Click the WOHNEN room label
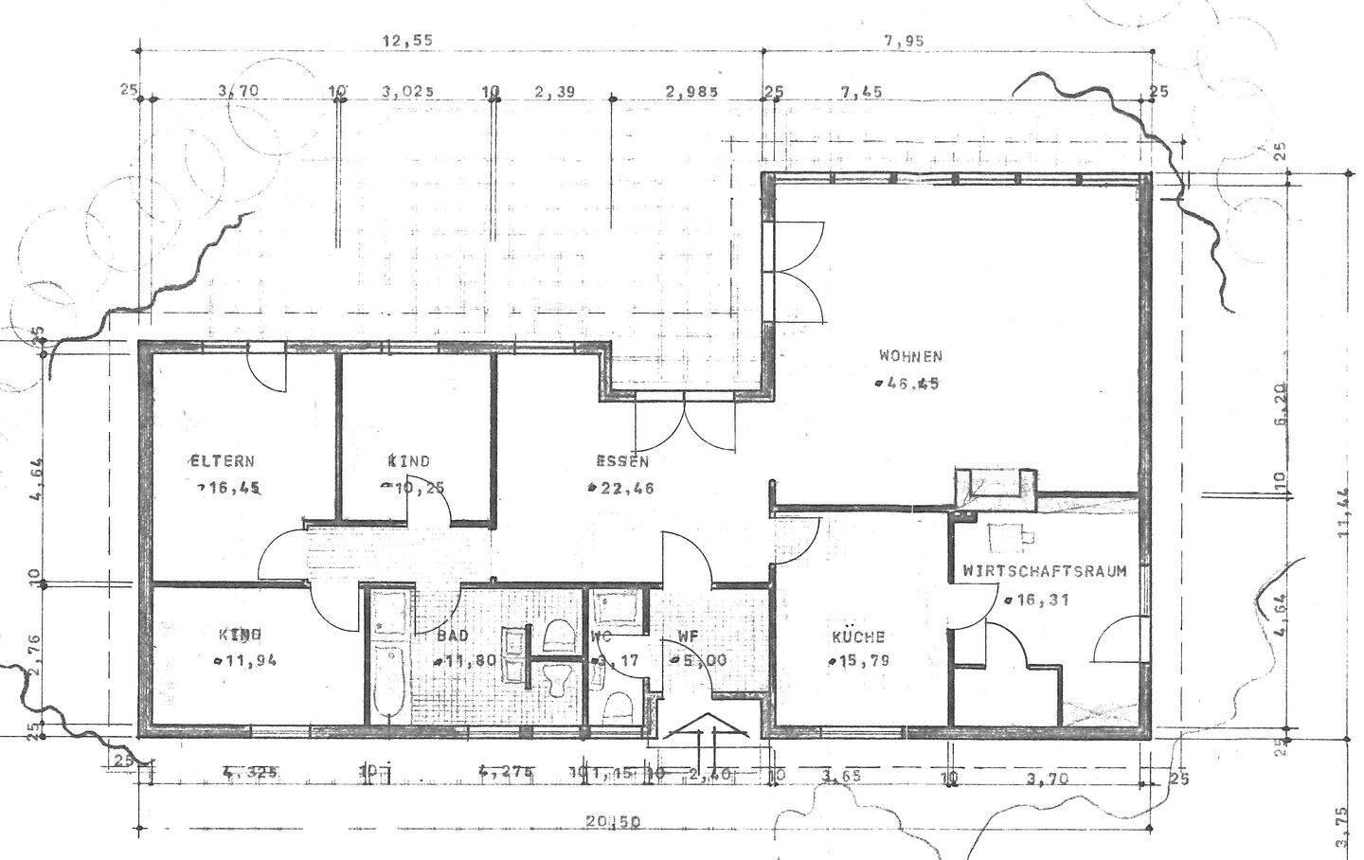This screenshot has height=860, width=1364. click(x=909, y=357)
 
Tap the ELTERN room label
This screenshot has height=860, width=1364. click(x=222, y=462)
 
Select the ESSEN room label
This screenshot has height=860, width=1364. click(x=622, y=462)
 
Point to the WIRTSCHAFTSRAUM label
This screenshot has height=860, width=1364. click(x=1044, y=571)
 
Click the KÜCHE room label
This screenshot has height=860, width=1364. click(x=858, y=636)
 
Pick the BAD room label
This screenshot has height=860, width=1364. click(x=454, y=636)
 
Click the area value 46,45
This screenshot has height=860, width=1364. click(x=909, y=384)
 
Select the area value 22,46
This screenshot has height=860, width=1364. click(x=625, y=489)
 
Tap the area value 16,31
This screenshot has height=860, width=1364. click(x=1041, y=600)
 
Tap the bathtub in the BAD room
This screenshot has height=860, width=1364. click(x=388, y=658)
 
